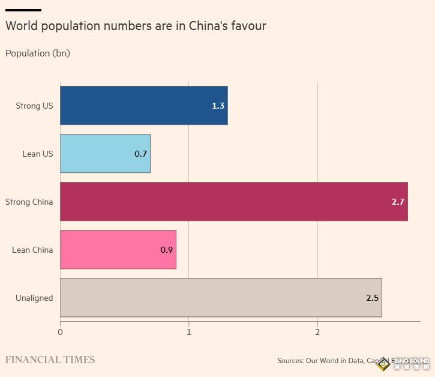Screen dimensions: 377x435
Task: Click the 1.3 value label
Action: pos(218,106)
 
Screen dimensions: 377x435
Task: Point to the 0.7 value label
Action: pos(141,154)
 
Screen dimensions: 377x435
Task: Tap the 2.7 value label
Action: pos(398,202)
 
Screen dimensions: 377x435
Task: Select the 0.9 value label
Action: pos(167,250)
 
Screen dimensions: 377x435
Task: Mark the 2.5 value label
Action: pos(373,298)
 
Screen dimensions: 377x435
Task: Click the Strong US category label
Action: pos(34,106)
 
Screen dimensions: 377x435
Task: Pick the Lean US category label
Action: pos(38,154)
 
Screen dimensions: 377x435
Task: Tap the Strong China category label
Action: pos(29,202)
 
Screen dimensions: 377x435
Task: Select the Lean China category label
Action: pos(32,250)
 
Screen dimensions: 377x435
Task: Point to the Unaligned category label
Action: pos(34,298)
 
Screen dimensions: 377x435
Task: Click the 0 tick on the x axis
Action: pos(60,332)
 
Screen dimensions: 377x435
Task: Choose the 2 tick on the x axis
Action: pos(317,332)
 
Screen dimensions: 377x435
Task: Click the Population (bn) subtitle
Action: pos(38,53)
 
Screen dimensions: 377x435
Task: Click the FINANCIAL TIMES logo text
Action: pos(50,360)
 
